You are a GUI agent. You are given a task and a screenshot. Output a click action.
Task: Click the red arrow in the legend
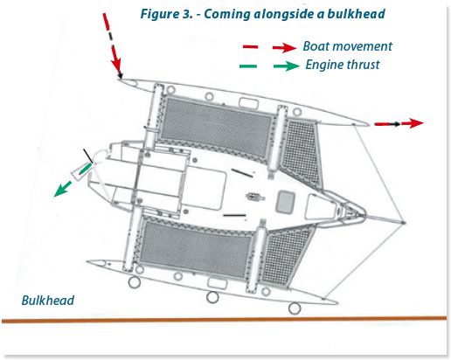266,47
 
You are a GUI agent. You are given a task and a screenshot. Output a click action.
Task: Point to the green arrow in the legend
266,64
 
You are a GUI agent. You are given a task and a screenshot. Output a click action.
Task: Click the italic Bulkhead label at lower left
47,301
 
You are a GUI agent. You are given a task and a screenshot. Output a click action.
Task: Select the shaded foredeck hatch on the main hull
286,203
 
